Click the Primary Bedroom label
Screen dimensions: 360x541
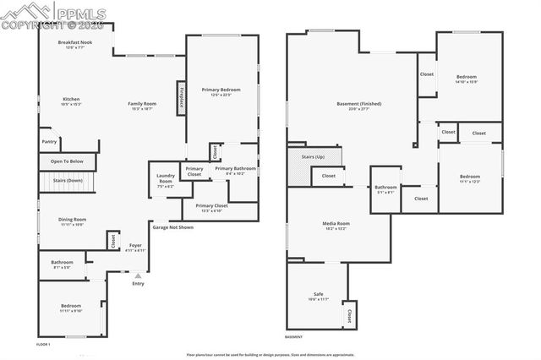coord(221,91)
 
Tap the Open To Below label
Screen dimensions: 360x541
coord(66,161)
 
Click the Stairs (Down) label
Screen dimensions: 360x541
coord(68,180)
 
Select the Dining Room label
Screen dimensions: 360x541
coord(73,221)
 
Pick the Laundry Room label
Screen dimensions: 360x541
coord(165,180)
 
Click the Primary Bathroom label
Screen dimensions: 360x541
coord(234,171)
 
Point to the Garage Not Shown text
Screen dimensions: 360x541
coord(173,226)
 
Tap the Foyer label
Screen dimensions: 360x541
coord(135,248)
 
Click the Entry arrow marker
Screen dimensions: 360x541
coord(138,275)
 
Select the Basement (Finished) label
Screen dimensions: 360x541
coord(358,106)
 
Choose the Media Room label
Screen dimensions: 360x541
coord(336,226)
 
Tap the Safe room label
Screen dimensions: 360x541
coord(318,297)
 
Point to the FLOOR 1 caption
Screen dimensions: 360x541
coord(43,345)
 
